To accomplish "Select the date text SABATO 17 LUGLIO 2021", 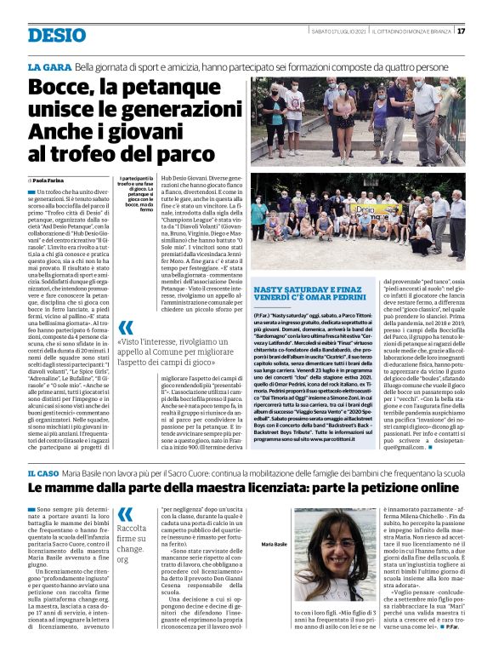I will [340, 31].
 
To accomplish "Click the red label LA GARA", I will [48, 66].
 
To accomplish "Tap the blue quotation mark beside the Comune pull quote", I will [125, 328].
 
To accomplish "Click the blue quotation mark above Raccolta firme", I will [125, 513].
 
